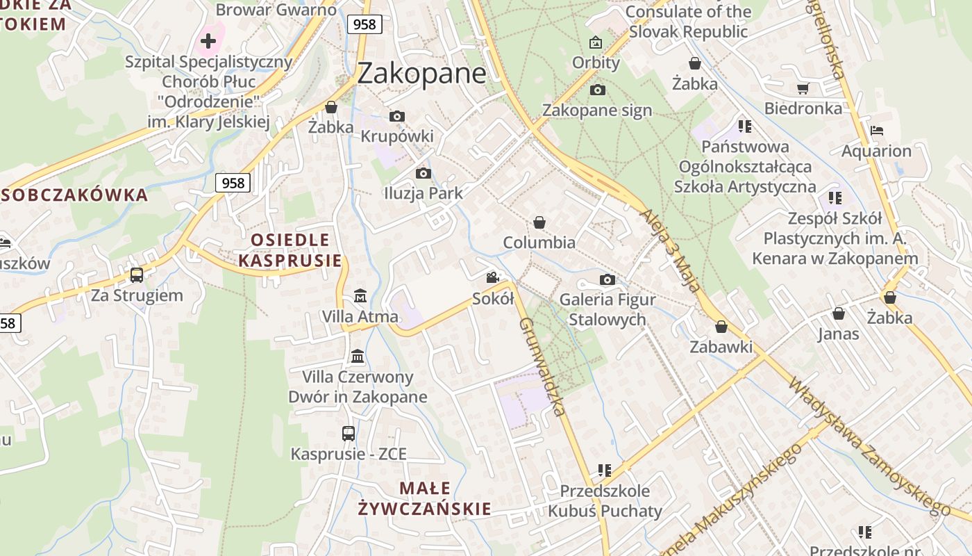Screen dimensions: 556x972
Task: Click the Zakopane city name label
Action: (x=421, y=73)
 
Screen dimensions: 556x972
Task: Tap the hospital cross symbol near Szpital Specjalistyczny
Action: (x=208, y=40)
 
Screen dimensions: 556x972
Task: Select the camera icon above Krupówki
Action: (x=397, y=116)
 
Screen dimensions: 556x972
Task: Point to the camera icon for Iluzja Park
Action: (x=423, y=173)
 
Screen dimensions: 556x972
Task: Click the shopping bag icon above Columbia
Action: (x=539, y=222)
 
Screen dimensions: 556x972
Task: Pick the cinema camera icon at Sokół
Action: (x=493, y=278)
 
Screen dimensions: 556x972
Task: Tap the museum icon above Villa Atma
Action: (x=360, y=296)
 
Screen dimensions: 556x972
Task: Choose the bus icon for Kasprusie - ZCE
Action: (x=349, y=434)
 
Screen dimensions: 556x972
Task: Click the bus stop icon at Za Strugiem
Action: (x=137, y=275)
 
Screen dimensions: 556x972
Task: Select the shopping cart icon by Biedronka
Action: (x=803, y=88)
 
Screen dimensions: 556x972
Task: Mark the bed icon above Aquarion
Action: (x=877, y=130)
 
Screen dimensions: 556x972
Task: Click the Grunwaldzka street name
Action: (x=543, y=366)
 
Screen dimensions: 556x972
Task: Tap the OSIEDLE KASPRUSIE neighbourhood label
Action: (x=290, y=250)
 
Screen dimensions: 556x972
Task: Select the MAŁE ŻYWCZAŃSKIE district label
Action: (x=425, y=498)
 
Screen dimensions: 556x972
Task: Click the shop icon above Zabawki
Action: (x=721, y=326)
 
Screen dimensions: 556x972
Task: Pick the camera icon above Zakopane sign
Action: (x=597, y=90)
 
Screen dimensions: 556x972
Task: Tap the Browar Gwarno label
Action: (x=276, y=10)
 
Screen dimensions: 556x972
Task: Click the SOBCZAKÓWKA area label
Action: (x=75, y=195)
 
